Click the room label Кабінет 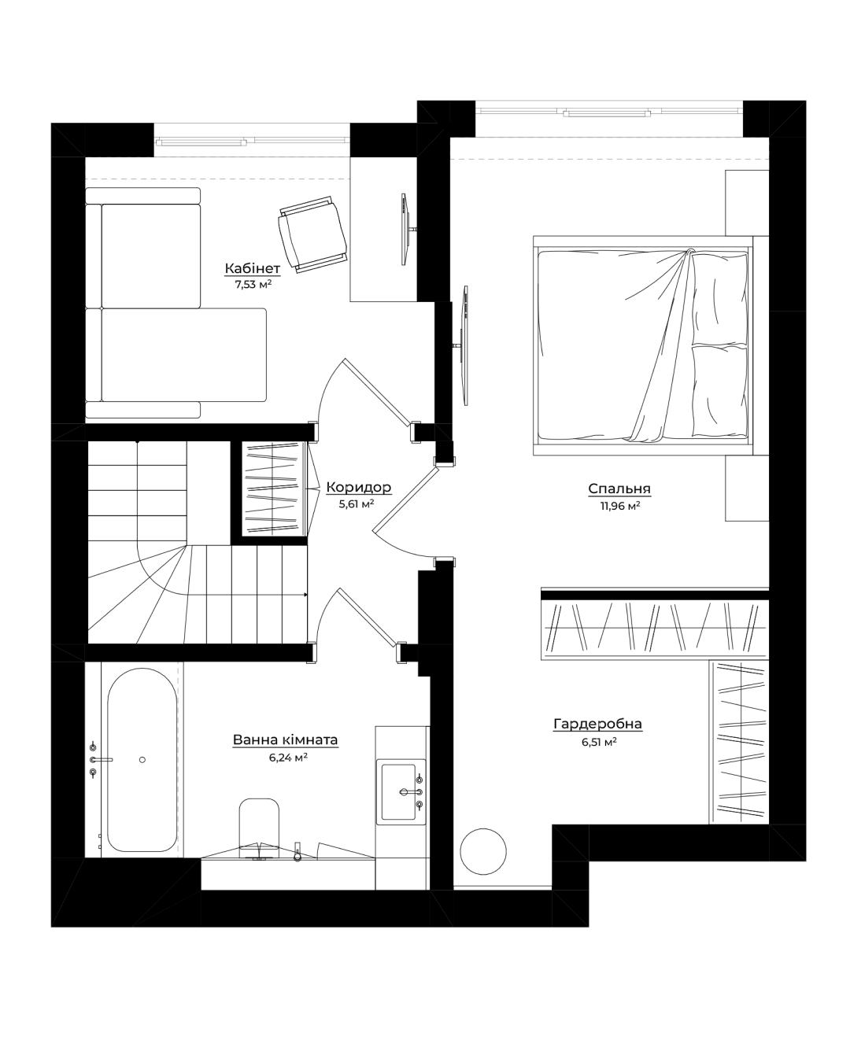point(253,268)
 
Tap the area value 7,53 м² point(253,284)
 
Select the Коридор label point(359,487)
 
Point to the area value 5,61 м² point(356,503)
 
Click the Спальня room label point(619,489)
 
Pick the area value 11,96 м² point(620,505)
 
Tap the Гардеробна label point(597,724)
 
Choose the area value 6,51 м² point(599,742)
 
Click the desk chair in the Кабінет point(313,234)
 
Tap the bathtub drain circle point(142,759)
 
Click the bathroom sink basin point(398,791)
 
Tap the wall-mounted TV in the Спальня point(464,345)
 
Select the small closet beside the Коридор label point(274,488)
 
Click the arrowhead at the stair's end point(305,595)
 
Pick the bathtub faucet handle point(102,759)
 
